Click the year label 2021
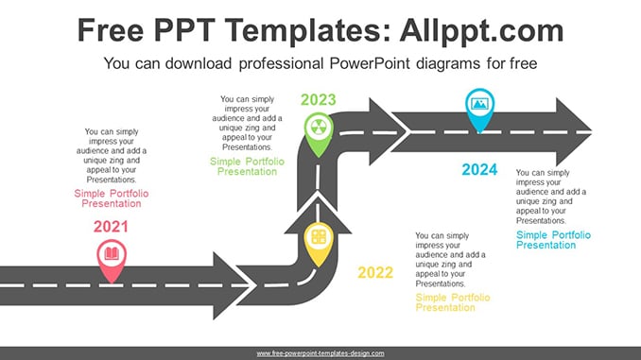click(x=111, y=227)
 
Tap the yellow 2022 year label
click(x=375, y=272)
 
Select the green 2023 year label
click(x=319, y=100)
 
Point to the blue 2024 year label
click(x=479, y=169)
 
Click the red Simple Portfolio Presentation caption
click(x=112, y=198)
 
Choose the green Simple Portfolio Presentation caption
click(x=247, y=166)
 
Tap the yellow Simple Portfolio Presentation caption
click(x=453, y=302)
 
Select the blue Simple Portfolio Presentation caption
click(x=553, y=240)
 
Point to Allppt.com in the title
click(x=481, y=31)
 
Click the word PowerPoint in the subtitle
click(x=370, y=63)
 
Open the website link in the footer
click(x=320, y=353)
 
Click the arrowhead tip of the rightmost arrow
click(x=592, y=131)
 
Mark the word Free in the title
click(x=111, y=30)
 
